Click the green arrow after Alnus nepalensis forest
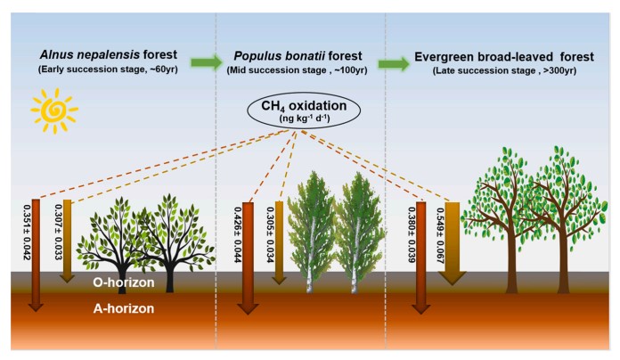[206, 62]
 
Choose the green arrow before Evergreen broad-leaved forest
[393, 63]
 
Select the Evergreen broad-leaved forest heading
[504, 56]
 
